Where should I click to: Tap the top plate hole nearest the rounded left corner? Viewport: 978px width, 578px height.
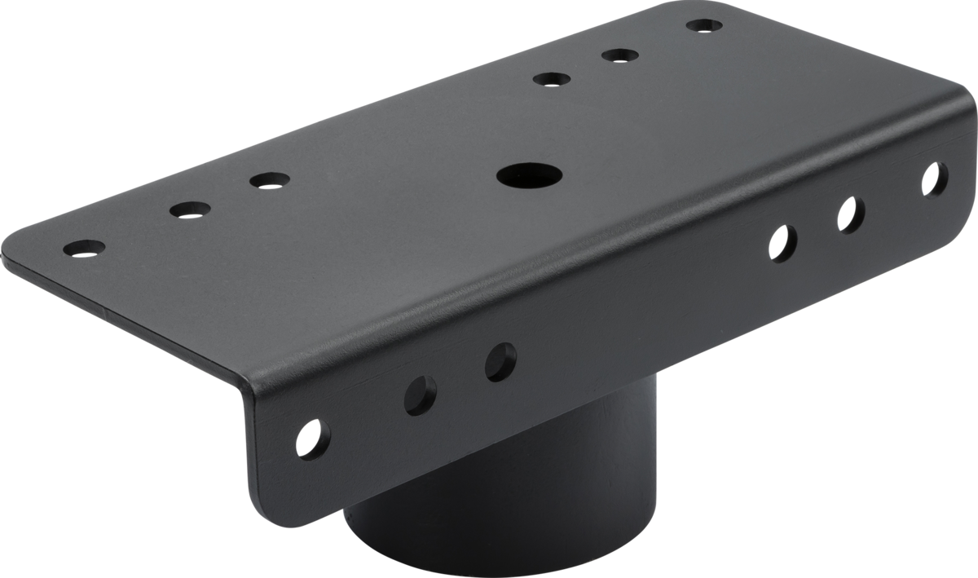pyautogui.click(x=84, y=247)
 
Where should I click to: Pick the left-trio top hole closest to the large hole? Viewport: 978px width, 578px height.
pyautogui.click(x=269, y=179)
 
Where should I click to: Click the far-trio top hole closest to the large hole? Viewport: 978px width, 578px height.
pyautogui.click(x=552, y=79)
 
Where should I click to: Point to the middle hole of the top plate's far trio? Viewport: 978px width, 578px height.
pyautogui.click(x=619, y=56)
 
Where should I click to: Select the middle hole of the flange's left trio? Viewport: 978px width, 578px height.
pyautogui.click(x=421, y=395)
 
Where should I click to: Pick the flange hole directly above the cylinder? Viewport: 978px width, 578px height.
pyautogui.click(x=500, y=362)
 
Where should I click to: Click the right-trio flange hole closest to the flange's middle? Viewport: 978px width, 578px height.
pyautogui.click(x=782, y=242)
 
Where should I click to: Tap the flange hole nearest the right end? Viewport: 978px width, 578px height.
pyautogui.click(x=935, y=179)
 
